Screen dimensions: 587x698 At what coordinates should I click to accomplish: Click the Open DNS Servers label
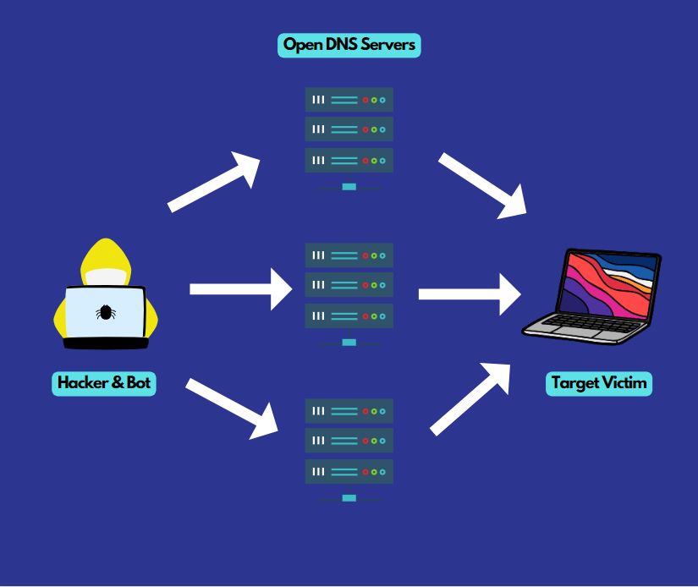click(x=349, y=45)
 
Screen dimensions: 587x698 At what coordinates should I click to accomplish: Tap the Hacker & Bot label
click(x=103, y=383)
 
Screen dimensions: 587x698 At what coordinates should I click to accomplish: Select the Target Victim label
click(x=599, y=383)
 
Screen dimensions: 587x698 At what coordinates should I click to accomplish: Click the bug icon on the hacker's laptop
click(x=105, y=312)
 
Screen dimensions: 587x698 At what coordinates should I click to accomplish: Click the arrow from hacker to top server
click(x=215, y=181)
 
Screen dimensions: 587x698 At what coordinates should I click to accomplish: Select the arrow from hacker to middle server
click(x=240, y=288)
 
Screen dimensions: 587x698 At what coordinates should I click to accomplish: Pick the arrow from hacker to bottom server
click(x=232, y=409)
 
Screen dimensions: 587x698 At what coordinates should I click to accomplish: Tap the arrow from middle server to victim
click(x=470, y=293)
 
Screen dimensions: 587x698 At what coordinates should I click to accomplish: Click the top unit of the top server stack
click(x=349, y=100)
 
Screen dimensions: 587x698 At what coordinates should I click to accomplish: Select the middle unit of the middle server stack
click(x=349, y=286)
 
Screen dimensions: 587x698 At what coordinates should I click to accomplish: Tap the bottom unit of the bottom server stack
click(x=349, y=471)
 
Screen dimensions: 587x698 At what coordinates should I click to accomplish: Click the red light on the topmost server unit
click(x=365, y=100)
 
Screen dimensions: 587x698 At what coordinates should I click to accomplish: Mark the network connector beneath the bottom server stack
click(x=349, y=498)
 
